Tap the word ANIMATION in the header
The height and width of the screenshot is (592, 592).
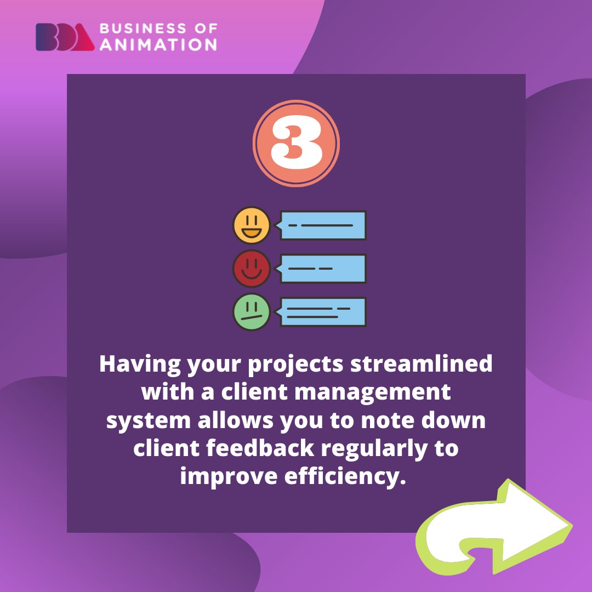click(158, 44)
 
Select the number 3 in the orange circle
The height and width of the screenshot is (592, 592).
click(296, 144)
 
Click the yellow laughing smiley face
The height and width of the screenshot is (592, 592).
click(252, 225)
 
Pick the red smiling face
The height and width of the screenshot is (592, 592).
click(252, 269)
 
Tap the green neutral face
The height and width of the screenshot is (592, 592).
click(252, 312)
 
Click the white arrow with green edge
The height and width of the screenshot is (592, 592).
click(493, 529)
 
